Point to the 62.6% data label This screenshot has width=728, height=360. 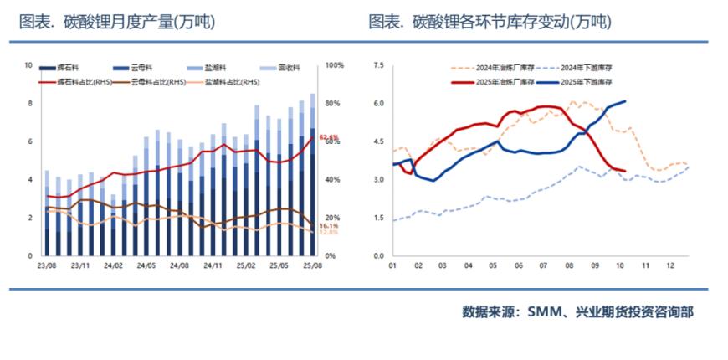[328, 137]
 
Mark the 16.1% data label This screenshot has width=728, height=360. [328, 226]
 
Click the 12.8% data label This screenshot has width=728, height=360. [328, 233]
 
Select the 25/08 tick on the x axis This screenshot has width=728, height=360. [312, 267]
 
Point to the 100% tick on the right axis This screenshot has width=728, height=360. [333, 65]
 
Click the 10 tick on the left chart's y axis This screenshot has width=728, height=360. [28, 65]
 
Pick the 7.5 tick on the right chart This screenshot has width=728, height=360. [377, 65]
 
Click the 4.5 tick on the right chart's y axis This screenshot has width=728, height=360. [377, 141]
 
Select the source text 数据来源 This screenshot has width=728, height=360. [488, 312]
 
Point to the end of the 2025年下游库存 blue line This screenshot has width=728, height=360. [625, 101]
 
